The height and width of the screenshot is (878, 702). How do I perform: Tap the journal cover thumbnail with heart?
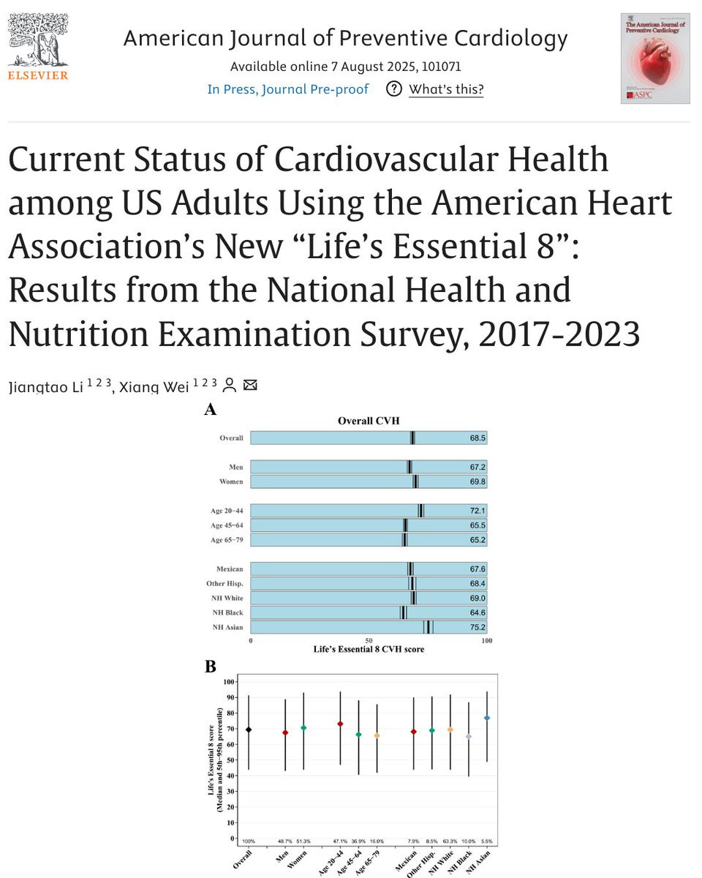coord(654,58)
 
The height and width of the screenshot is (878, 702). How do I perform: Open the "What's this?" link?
coord(445,89)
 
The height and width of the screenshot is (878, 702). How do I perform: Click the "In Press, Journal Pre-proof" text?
coord(288,89)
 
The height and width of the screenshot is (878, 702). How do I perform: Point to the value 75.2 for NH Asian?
coord(478,627)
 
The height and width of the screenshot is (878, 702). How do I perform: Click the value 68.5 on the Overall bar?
coord(478,438)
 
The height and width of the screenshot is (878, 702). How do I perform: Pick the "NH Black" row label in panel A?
coord(228,612)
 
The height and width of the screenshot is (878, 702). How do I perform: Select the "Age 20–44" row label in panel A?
coord(227,511)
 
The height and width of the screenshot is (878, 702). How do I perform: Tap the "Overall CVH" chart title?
coord(369,421)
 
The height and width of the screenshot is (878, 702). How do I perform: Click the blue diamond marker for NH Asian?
coord(487,718)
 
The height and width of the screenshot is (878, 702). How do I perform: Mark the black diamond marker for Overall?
coord(249,729)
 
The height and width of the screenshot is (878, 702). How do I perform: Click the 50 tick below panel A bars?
coord(369,641)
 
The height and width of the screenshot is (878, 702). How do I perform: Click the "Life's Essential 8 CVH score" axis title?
coord(369,649)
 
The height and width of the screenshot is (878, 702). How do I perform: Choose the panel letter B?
coord(210,667)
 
